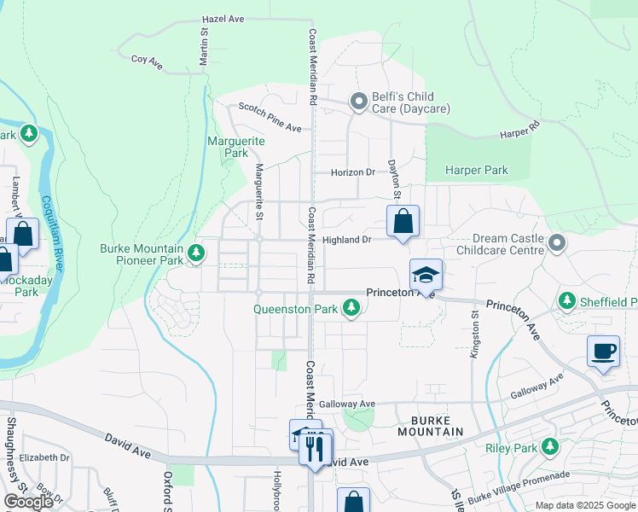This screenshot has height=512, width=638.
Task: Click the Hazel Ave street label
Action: pos(223,19)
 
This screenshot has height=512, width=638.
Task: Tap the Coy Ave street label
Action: pos(147,60)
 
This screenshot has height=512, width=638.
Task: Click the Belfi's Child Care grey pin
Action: pos(359,102)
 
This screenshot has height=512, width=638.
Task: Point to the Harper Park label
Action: pos(477,170)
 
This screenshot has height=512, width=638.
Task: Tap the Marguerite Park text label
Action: pos(236,147)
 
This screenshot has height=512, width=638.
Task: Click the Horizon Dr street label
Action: pos(352,172)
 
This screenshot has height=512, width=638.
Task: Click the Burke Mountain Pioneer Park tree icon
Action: pos(197,253)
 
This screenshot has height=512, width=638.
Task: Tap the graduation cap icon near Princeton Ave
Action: pos(426,275)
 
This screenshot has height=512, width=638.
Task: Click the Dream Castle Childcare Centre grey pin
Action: pos(557,244)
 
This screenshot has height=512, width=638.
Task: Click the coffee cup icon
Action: pos(603,352)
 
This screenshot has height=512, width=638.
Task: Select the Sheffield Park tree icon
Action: pos(567,301)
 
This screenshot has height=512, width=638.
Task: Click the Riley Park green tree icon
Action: pos(550,446)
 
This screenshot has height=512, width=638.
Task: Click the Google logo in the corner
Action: pos(28,503)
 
